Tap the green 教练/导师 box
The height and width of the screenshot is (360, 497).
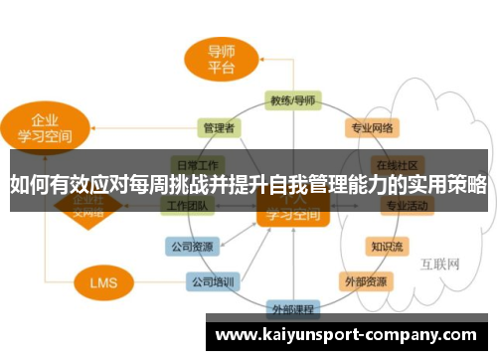(292, 100)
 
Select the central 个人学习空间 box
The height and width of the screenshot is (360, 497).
(292, 209)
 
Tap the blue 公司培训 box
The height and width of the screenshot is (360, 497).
(213, 281)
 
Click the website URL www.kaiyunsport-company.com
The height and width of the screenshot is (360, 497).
(346, 334)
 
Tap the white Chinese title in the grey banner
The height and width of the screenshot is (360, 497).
(248, 183)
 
